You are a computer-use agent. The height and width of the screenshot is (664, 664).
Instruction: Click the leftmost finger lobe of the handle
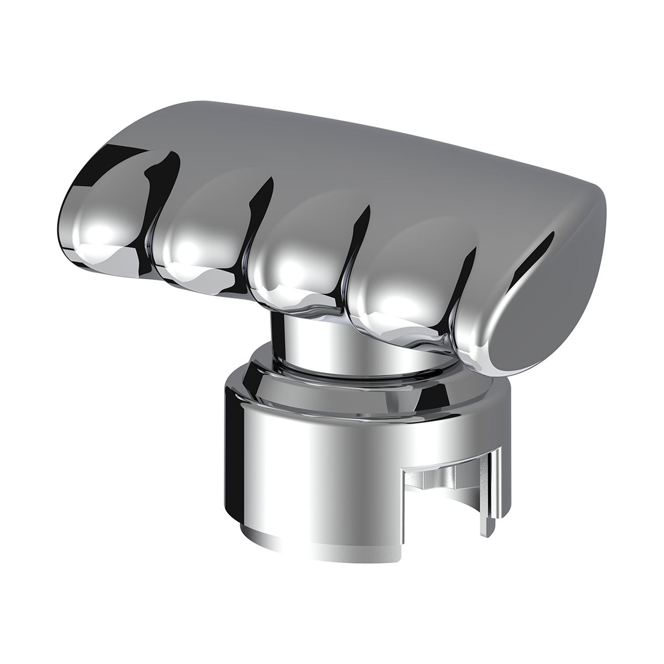(x=102, y=221)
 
